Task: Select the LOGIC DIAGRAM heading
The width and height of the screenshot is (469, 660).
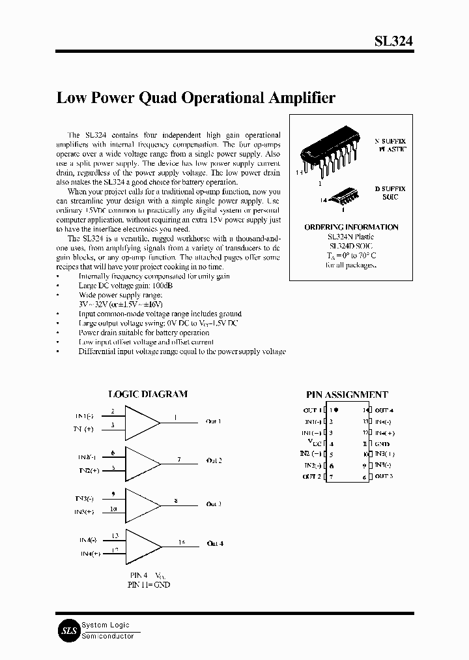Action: coord(147,394)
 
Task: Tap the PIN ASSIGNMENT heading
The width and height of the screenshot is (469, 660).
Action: coord(347,395)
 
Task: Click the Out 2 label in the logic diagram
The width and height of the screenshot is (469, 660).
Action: coord(214,460)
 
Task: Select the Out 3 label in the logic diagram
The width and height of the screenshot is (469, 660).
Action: coord(214,504)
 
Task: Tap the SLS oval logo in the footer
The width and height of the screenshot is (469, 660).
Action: coord(69,631)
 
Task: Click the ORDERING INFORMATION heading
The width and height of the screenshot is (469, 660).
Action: coord(351,227)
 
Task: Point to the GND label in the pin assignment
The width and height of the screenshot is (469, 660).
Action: coord(383,443)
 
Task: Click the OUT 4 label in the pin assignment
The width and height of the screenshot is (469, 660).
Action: coord(384,410)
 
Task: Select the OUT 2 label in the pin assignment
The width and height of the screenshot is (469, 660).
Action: coord(311,477)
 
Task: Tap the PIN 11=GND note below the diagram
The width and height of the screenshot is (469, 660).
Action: coord(149,585)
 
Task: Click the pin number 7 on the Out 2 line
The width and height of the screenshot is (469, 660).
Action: coord(179,460)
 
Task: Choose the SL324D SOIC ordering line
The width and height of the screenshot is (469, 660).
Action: coord(351,246)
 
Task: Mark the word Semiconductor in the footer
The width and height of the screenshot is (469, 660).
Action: coord(108,636)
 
